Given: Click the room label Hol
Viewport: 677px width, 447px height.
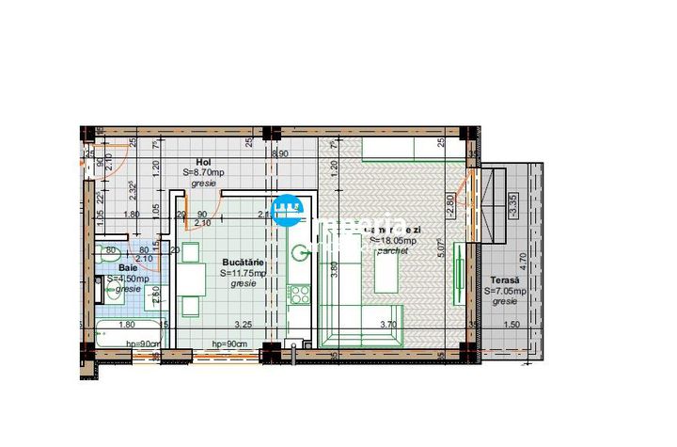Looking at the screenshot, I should click(x=202, y=162).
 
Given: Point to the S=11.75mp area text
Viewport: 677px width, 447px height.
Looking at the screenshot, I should click(x=244, y=273).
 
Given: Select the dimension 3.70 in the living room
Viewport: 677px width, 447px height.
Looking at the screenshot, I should click(x=388, y=325).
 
